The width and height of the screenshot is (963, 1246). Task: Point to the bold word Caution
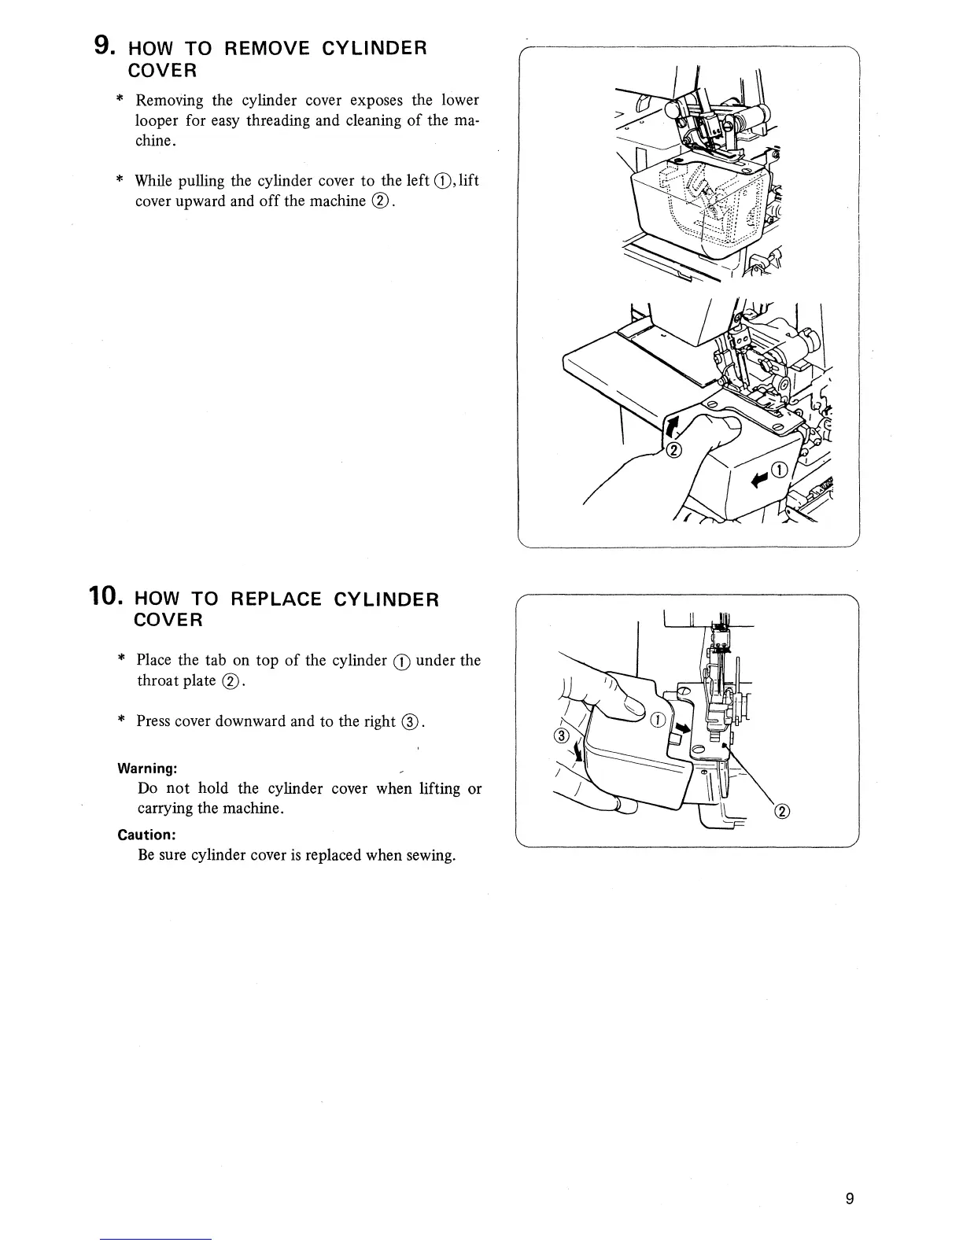point(146,835)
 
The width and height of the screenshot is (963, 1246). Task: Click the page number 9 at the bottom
point(849,1199)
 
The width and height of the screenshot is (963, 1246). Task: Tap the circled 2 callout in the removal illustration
point(674,450)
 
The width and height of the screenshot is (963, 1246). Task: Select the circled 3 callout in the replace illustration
point(561,736)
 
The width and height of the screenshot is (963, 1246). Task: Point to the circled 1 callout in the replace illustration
point(659,720)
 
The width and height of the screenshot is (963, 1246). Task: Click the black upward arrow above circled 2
point(671,428)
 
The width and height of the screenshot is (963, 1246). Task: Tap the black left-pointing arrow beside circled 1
point(761,477)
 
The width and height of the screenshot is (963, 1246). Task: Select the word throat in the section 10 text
point(157,680)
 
